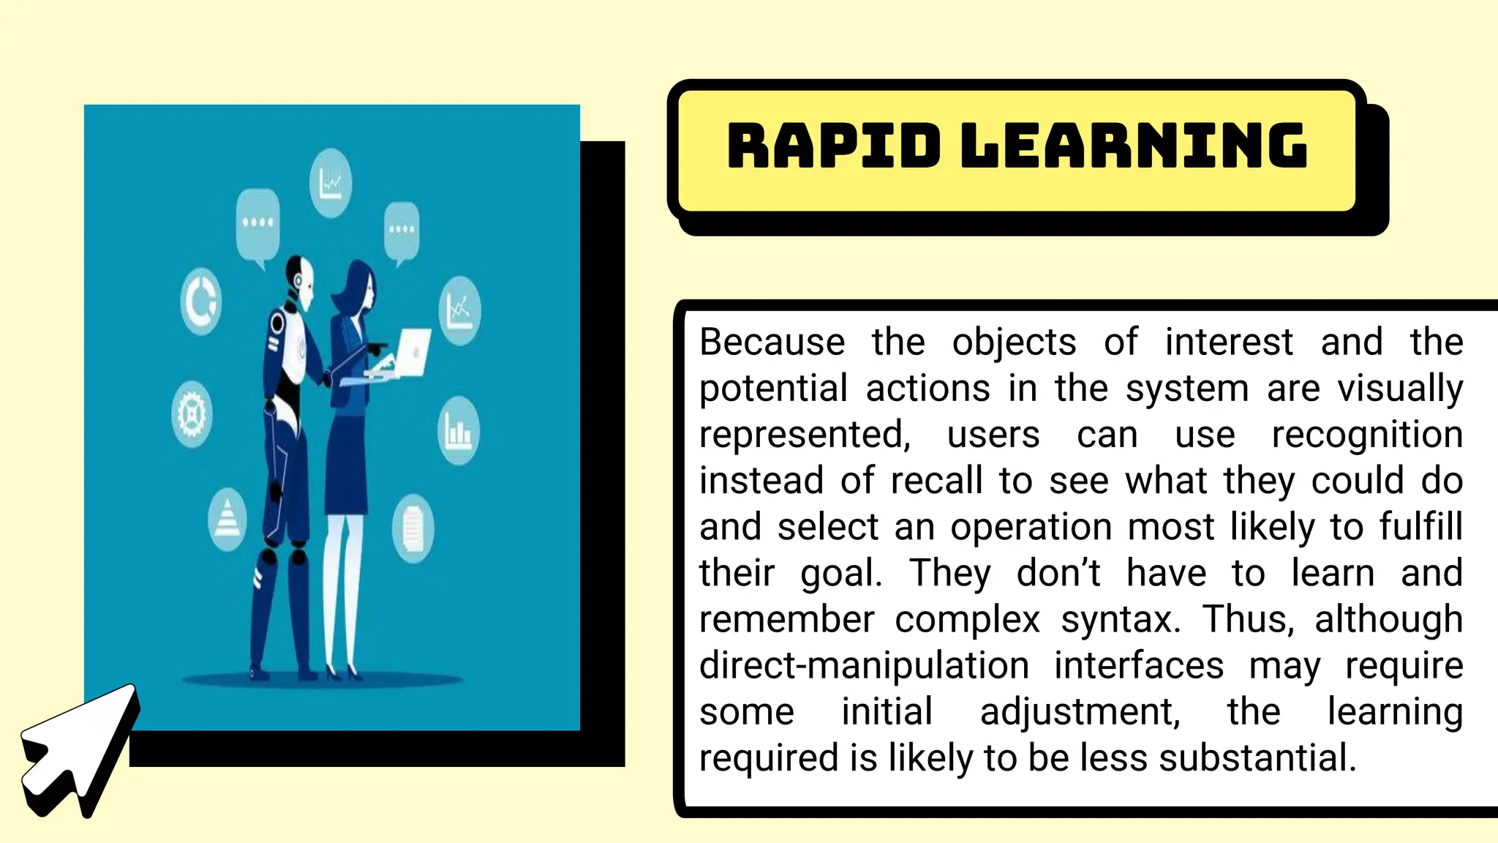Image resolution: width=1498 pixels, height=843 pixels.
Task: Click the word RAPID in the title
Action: click(x=833, y=146)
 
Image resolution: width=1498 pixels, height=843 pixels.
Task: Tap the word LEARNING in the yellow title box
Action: click(x=1133, y=146)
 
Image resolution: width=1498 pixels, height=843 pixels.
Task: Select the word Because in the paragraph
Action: click(x=772, y=342)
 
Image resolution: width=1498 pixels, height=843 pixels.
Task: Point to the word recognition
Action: click(x=1367, y=435)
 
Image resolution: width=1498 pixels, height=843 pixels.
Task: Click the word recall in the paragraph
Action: click(x=936, y=481)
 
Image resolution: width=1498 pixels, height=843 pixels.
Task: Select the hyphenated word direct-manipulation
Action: click(x=864, y=665)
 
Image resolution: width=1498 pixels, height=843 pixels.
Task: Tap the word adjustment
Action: click(x=1080, y=711)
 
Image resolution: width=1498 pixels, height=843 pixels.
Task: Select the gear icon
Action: click(x=192, y=414)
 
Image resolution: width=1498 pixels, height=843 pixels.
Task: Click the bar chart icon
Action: click(x=459, y=431)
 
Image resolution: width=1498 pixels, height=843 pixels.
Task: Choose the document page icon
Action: click(x=413, y=528)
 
